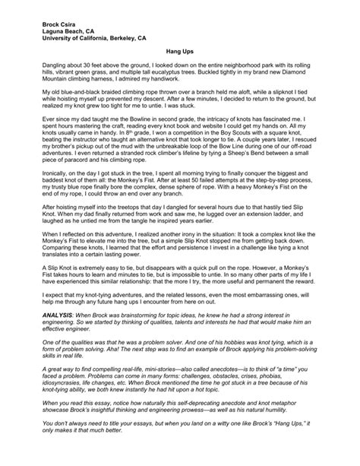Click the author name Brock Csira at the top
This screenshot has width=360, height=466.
point(49,24)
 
